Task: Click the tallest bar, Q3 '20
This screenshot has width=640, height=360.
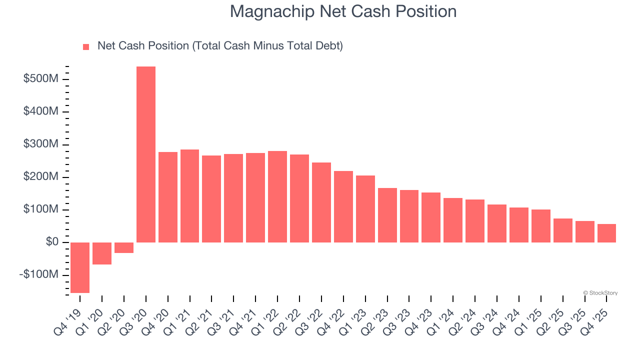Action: (x=145, y=154)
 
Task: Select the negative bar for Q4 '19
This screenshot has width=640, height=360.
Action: (x=80, y=267)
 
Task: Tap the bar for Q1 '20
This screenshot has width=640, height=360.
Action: (x=102, y=253)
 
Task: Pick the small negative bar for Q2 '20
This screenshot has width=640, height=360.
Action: (x=124, y=247)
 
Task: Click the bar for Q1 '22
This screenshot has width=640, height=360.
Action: (x=277, y=196)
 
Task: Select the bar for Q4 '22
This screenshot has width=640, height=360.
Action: (x=343, y=206)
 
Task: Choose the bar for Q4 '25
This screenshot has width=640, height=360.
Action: (x=606, y=233)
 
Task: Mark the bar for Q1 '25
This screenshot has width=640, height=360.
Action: (x=541, y=226)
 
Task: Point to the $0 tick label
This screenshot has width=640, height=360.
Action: (x=51, y=242)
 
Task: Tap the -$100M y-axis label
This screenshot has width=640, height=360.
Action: (x=39, y=275)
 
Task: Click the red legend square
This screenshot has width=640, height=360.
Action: (x=86, y=46)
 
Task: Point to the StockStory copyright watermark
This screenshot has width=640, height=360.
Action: (x=600, y=293)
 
